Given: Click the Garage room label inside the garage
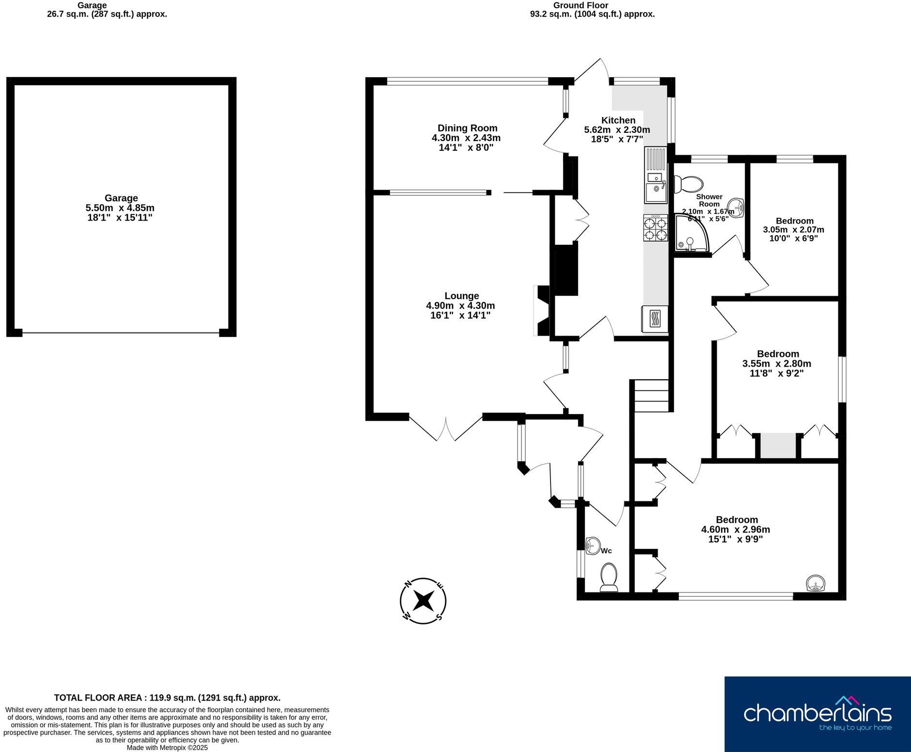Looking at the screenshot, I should [121, 198].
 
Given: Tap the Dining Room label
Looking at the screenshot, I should [467, 128].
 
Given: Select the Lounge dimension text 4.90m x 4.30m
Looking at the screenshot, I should [460, 305].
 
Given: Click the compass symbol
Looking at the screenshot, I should [423, 601].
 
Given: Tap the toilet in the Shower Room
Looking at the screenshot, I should [689, 184].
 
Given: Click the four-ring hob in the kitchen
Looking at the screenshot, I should [656, 228].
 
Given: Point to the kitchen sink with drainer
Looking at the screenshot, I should [656, 175].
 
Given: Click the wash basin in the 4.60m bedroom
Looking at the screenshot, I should [815, 583].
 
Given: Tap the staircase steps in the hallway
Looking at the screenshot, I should [652, 396].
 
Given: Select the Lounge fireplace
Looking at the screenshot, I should [541, 310].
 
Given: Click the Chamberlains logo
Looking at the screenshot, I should [817, 714].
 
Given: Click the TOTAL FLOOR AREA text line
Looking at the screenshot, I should [167, 698].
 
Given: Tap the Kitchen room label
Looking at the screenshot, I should [618, 120].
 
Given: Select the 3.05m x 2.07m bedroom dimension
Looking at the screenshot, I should [793, 229].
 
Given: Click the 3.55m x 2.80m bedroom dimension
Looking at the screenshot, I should [776, 364].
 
